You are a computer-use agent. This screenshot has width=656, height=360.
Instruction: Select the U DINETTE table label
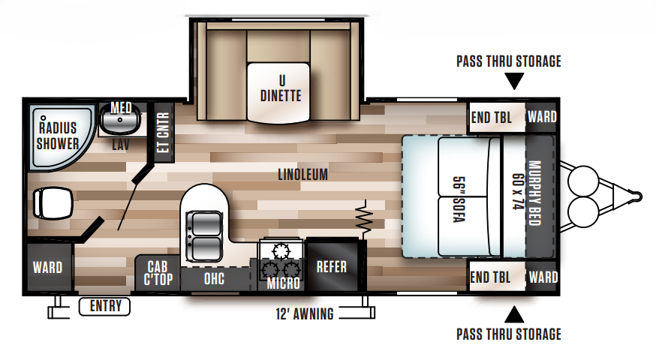(x=281, y=89)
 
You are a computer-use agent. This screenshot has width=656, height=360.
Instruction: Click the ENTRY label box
(x=104, y=306)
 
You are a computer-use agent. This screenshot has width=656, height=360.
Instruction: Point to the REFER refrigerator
(x=331, y=267)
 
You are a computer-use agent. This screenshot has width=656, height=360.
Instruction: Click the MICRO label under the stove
(x=284, y=283)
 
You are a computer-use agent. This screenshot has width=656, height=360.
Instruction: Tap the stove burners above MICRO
(x=281, y=259)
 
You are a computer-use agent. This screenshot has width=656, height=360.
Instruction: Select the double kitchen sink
(x=203, y=233)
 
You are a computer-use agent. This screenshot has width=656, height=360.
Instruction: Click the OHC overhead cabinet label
(x=212, y=279)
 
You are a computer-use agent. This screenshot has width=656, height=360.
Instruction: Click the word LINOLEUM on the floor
(x=303, y=174)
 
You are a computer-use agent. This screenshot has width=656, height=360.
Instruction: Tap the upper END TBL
(x=491, y=117)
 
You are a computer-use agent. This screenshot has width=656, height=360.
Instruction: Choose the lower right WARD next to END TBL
(x=542, y=277)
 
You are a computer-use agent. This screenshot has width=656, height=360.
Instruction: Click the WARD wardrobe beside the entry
(x=47, y=268)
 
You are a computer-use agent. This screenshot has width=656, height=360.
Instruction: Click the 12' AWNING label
(x=304, y=313)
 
